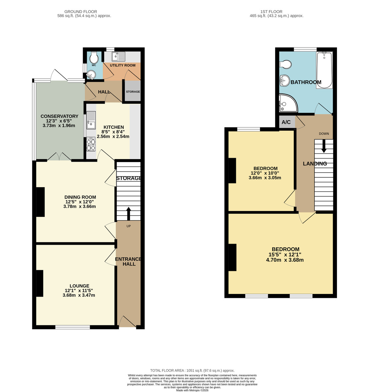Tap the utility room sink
[118, 57]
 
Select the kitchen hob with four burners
[91, 144]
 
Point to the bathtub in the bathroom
[325, 70]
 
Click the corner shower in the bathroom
[287, 104]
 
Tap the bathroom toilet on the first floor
[286, 64]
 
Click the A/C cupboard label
[286, 122]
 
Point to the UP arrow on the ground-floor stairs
[128, 213]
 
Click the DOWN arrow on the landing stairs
[324, 146]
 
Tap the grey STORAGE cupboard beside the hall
[133, 92]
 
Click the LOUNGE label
[79, 286]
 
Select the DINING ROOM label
[80, 197]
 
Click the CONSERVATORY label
[59, 116]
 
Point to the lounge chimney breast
[40, 283]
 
